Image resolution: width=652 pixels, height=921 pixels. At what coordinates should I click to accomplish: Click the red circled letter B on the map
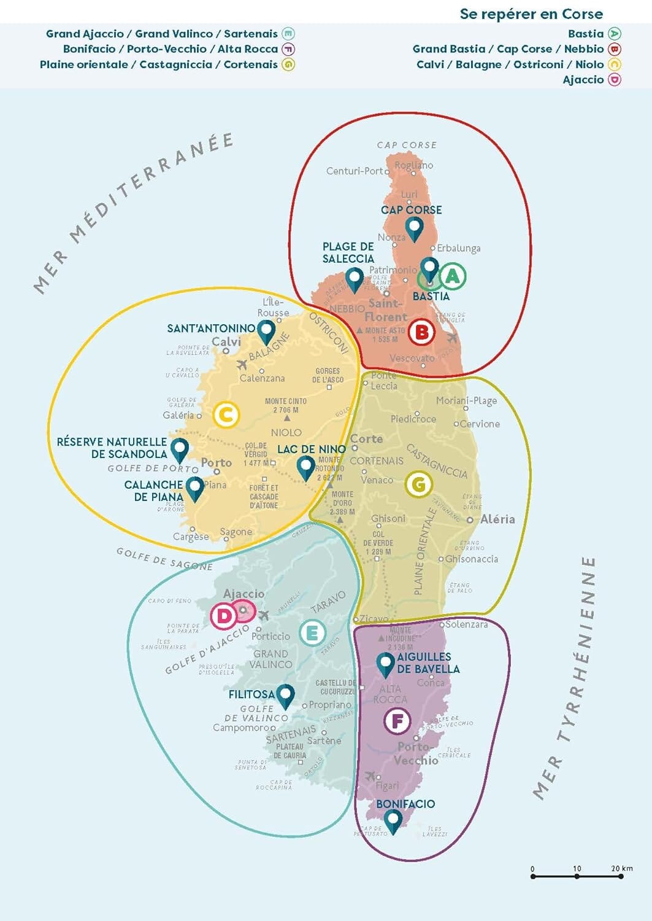(x=422, y=332)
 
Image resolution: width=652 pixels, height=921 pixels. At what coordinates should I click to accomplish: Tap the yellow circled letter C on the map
(x=226, y=415)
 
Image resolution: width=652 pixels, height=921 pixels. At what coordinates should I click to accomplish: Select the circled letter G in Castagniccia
(x=419, y=484)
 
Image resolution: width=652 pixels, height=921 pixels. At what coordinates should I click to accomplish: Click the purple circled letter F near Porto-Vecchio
(x=397, y=720)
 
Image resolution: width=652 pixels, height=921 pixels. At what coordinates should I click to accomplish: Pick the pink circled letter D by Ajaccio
(x=224, y=616)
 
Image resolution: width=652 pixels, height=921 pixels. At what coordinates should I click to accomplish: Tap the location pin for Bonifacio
(x=393, y=820)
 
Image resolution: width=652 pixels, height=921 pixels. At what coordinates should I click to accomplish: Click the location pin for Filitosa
(x=285, y=696)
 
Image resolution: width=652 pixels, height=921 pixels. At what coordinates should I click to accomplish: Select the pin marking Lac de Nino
(x=305, y=467)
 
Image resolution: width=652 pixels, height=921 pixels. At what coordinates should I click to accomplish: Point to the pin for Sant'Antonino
(x=266, y=331)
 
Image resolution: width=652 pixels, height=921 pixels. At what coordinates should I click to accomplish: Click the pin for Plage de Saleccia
(x=355, y=278)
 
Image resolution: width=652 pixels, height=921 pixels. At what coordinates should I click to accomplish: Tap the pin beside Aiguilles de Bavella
(x=385, y=664)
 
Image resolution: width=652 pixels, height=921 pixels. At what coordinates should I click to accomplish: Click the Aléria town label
(x=497, y=519)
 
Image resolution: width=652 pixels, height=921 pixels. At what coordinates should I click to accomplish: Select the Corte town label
(x=367, y=439)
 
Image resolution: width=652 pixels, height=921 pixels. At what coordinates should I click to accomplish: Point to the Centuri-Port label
(x=355, y=171)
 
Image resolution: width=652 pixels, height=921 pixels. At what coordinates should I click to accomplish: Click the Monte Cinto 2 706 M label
(x=286, y=406)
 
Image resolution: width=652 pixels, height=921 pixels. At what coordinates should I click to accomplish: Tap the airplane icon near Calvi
(x=242, y=365)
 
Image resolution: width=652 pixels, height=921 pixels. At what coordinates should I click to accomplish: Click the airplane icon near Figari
(x=370, y=776)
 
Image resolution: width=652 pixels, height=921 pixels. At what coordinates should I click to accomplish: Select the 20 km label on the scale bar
(x=621, y=868)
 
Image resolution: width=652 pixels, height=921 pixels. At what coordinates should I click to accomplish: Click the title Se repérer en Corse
(x=531, y=14)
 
